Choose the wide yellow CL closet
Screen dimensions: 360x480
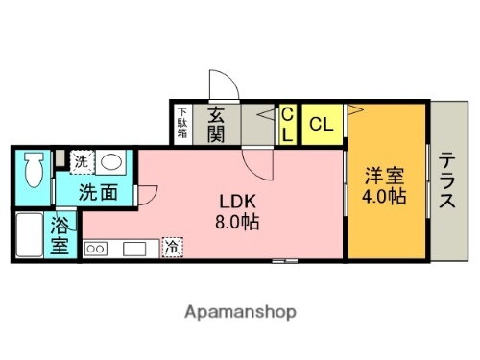pos(323,125)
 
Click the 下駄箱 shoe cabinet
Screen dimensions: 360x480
pos(181,124)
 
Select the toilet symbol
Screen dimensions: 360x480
pos(33,170)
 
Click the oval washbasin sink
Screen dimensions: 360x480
pos(111,162)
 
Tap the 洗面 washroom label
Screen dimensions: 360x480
pos(99,191)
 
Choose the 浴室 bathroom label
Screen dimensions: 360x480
pos(60,236)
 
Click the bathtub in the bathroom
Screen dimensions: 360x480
pos(29,235)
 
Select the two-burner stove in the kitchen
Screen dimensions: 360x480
pos(97,249)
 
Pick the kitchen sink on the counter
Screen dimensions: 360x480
pos(132,249)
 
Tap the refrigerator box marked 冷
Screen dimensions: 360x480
pos(170,246)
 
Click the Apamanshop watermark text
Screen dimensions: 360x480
pos(240,313)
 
